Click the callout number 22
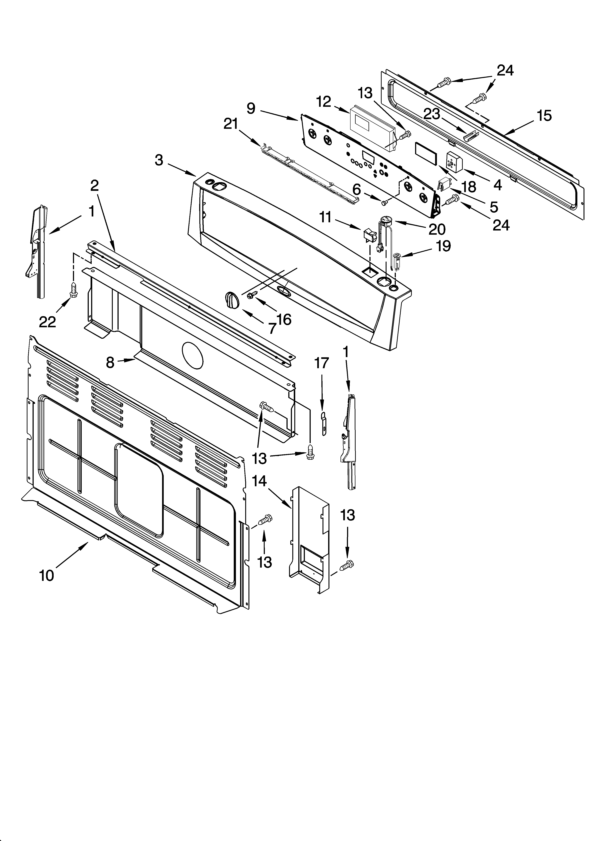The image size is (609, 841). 47,322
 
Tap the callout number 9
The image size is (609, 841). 251,108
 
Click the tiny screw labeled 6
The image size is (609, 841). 384,202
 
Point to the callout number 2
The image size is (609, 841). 95,185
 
